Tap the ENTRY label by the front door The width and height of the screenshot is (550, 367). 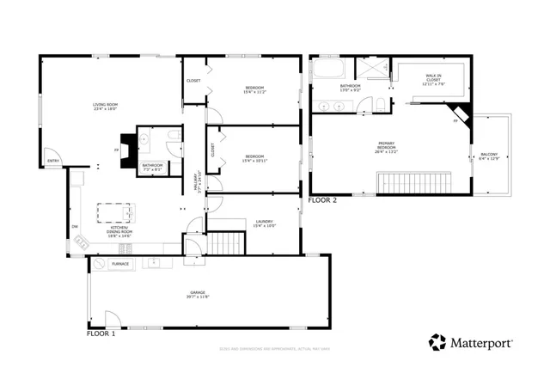[x=53, y=161]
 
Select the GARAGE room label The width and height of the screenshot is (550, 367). [x=198, y=294]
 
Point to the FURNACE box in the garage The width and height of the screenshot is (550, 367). [x=120, y=264]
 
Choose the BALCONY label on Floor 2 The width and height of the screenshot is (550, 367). [x=488, y=155]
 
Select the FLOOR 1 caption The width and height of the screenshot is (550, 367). [x=101, y=333]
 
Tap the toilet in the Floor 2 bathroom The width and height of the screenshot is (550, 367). [x=379, y=106]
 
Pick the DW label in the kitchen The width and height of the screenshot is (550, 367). [x=75, y=227]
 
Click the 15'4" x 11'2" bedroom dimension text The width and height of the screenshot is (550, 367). [x=255, y=93]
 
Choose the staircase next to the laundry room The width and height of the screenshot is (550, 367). [x=228, y=242]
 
